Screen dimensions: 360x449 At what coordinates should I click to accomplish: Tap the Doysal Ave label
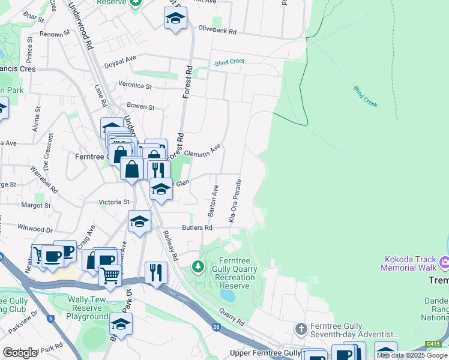point(120,59)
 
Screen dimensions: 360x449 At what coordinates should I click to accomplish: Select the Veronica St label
point(135,85)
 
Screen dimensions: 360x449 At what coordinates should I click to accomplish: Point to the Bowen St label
point(140,107)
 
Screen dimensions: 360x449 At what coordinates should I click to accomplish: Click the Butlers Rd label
point(197,228)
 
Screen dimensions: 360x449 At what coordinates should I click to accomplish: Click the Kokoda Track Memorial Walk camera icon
point(445,262)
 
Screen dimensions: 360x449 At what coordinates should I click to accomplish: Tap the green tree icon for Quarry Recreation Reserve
point(196,265)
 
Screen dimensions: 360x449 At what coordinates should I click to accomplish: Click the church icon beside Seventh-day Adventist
point(301,329)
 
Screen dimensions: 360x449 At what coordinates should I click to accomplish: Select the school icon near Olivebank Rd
point(175,19)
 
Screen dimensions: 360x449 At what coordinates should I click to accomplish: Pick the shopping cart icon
point(110,276)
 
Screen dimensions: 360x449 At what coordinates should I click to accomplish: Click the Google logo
point(20,353)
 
